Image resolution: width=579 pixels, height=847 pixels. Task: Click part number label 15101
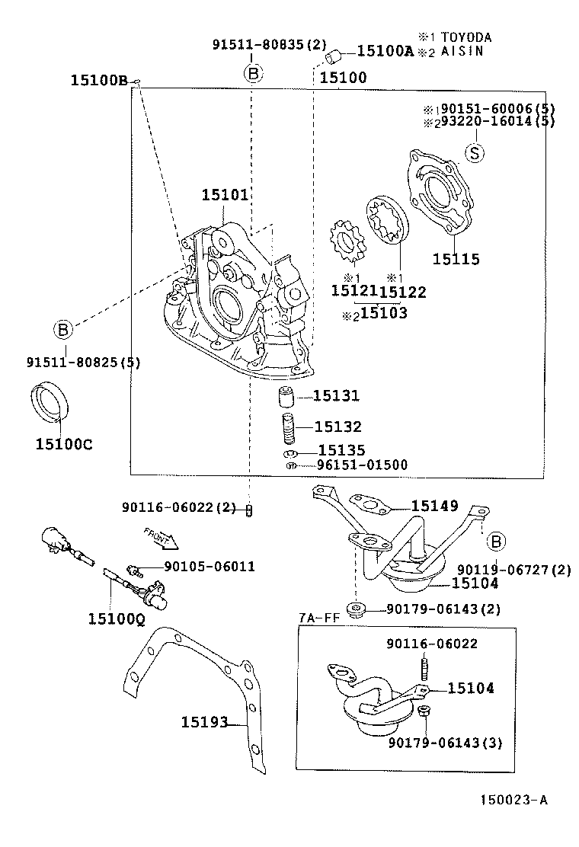click(x=225, y=195)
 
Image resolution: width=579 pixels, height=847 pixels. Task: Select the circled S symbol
click(x=474, y=152)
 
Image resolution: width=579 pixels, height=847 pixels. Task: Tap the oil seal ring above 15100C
click(x=50, y=402)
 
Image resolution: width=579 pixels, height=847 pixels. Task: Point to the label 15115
click(x=456, y=260)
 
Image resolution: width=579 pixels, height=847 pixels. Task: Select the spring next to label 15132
click(x=288, y=429)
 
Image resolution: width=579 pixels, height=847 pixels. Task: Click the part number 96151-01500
click(x=362, y=465)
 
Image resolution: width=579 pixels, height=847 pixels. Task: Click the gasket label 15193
click(x=204, y=721)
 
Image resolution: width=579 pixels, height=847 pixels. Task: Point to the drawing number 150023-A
click(x=513, y=800)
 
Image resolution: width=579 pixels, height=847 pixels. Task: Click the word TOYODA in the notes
click(x=466, y=37)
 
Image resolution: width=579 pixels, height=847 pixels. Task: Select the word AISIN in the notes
click(x=462, y=51)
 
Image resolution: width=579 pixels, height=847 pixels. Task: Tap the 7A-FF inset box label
click(x=318, y=618)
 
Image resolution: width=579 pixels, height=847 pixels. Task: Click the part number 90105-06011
click(x=209, y=566)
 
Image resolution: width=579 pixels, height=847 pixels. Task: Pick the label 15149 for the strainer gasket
click(x=434, y=505)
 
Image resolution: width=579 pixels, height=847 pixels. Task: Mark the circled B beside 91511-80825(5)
click(x=63, y=330)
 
